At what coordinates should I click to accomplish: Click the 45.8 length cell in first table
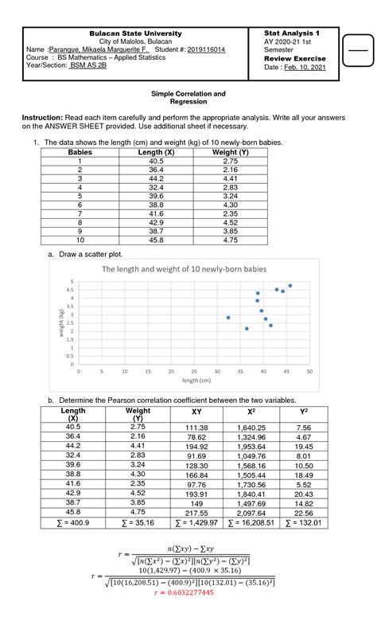(x=150, y=240)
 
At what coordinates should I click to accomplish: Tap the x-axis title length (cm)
(x=193, y=381)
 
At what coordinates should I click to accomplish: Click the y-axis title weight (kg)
(x=61, y=323)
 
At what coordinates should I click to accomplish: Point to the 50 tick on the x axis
(x=309, y=371)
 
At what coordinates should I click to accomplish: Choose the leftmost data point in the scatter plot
(x=228, y=317)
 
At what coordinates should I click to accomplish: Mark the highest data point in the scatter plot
(x=290, y=285)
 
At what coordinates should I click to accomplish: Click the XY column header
(x=196, y=412)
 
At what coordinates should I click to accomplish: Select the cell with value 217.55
(x=196, y=514)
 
